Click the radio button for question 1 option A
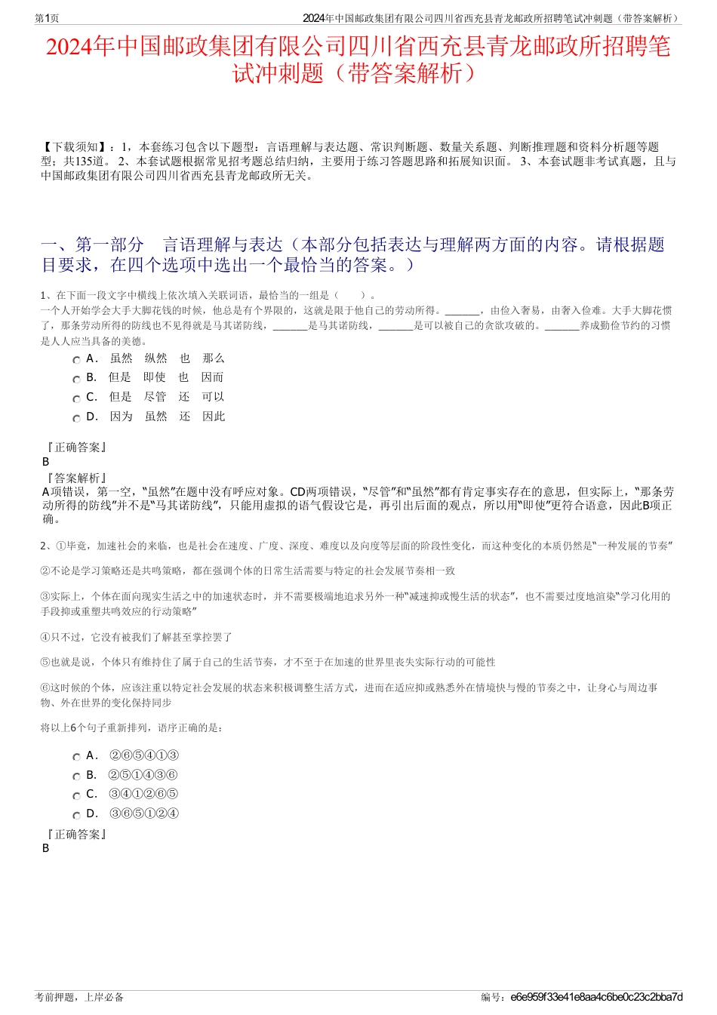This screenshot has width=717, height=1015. click(x=76, y=360)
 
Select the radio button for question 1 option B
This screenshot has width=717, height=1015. click(x=76, y=379)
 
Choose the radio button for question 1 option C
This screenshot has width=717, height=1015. click(x=76, y=398)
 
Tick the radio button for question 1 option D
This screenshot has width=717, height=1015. click(x=76, y=418)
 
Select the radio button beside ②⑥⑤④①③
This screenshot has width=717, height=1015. click(x=76, y=757)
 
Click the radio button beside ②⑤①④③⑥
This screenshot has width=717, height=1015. click(x=76, y=777)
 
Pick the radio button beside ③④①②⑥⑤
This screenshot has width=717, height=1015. click(x=76, y=795)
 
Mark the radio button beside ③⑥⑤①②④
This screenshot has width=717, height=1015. click(x=76, y=815)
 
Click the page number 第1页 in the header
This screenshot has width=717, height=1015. click(x=47, y=18)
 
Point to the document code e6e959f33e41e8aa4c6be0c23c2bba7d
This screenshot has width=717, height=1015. click(x=596, y=997)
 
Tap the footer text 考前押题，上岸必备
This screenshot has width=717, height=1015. click(x=79, y=997)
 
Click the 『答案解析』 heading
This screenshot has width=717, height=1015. click(x=75, y=478)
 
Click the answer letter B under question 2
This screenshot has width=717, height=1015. click(x=45, y=847)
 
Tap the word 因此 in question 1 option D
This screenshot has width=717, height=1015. click(x=214, y=417)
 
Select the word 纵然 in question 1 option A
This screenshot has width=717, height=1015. click(x=156, y=358)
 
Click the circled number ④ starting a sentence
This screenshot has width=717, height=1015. click(x=45, y=637)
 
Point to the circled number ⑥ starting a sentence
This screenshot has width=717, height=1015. click(x=45, y=687)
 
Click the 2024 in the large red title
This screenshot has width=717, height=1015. click(x=69, y=48)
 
